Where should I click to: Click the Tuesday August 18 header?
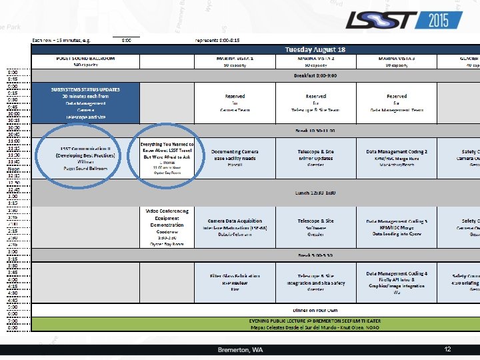315,50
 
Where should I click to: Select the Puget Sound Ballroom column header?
85,59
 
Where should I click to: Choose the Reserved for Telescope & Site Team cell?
316,103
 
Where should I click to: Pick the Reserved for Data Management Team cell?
397,103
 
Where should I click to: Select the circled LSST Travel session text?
167,153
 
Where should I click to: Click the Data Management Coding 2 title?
397,152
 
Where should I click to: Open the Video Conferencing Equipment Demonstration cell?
167,219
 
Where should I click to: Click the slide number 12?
449,349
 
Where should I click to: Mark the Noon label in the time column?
13,168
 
